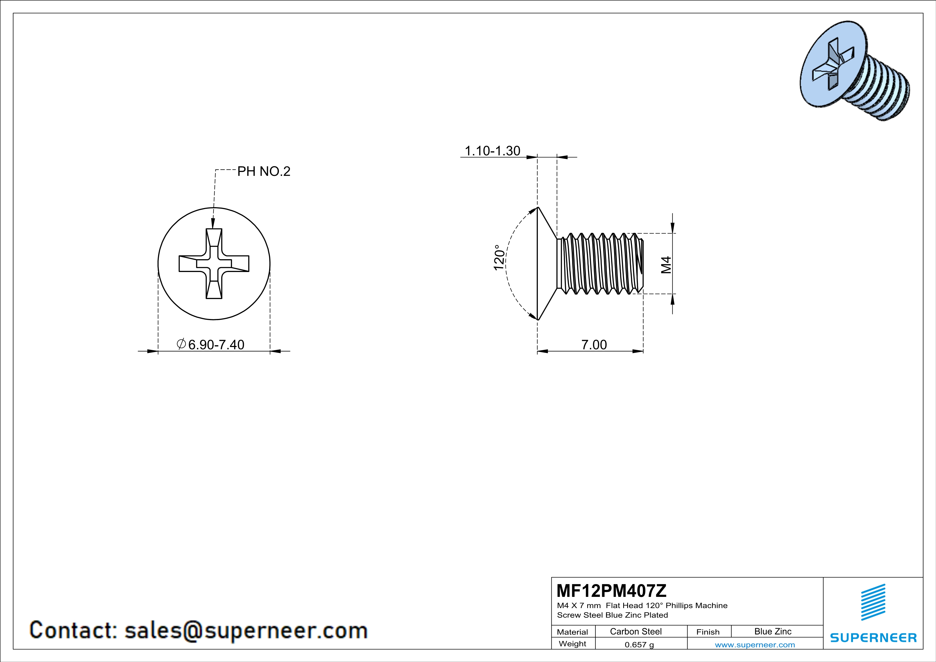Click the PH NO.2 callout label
(x=264, y=172)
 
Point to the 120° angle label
(x=499, y=258)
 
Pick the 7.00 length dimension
(x=594, y=345)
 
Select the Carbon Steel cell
(x=635, y=631)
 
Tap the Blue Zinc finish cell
(x=772, y=631)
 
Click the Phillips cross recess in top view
(x=214, y=264)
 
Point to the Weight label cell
(x=572, y=644)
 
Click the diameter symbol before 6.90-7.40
(x=181, y=344)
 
